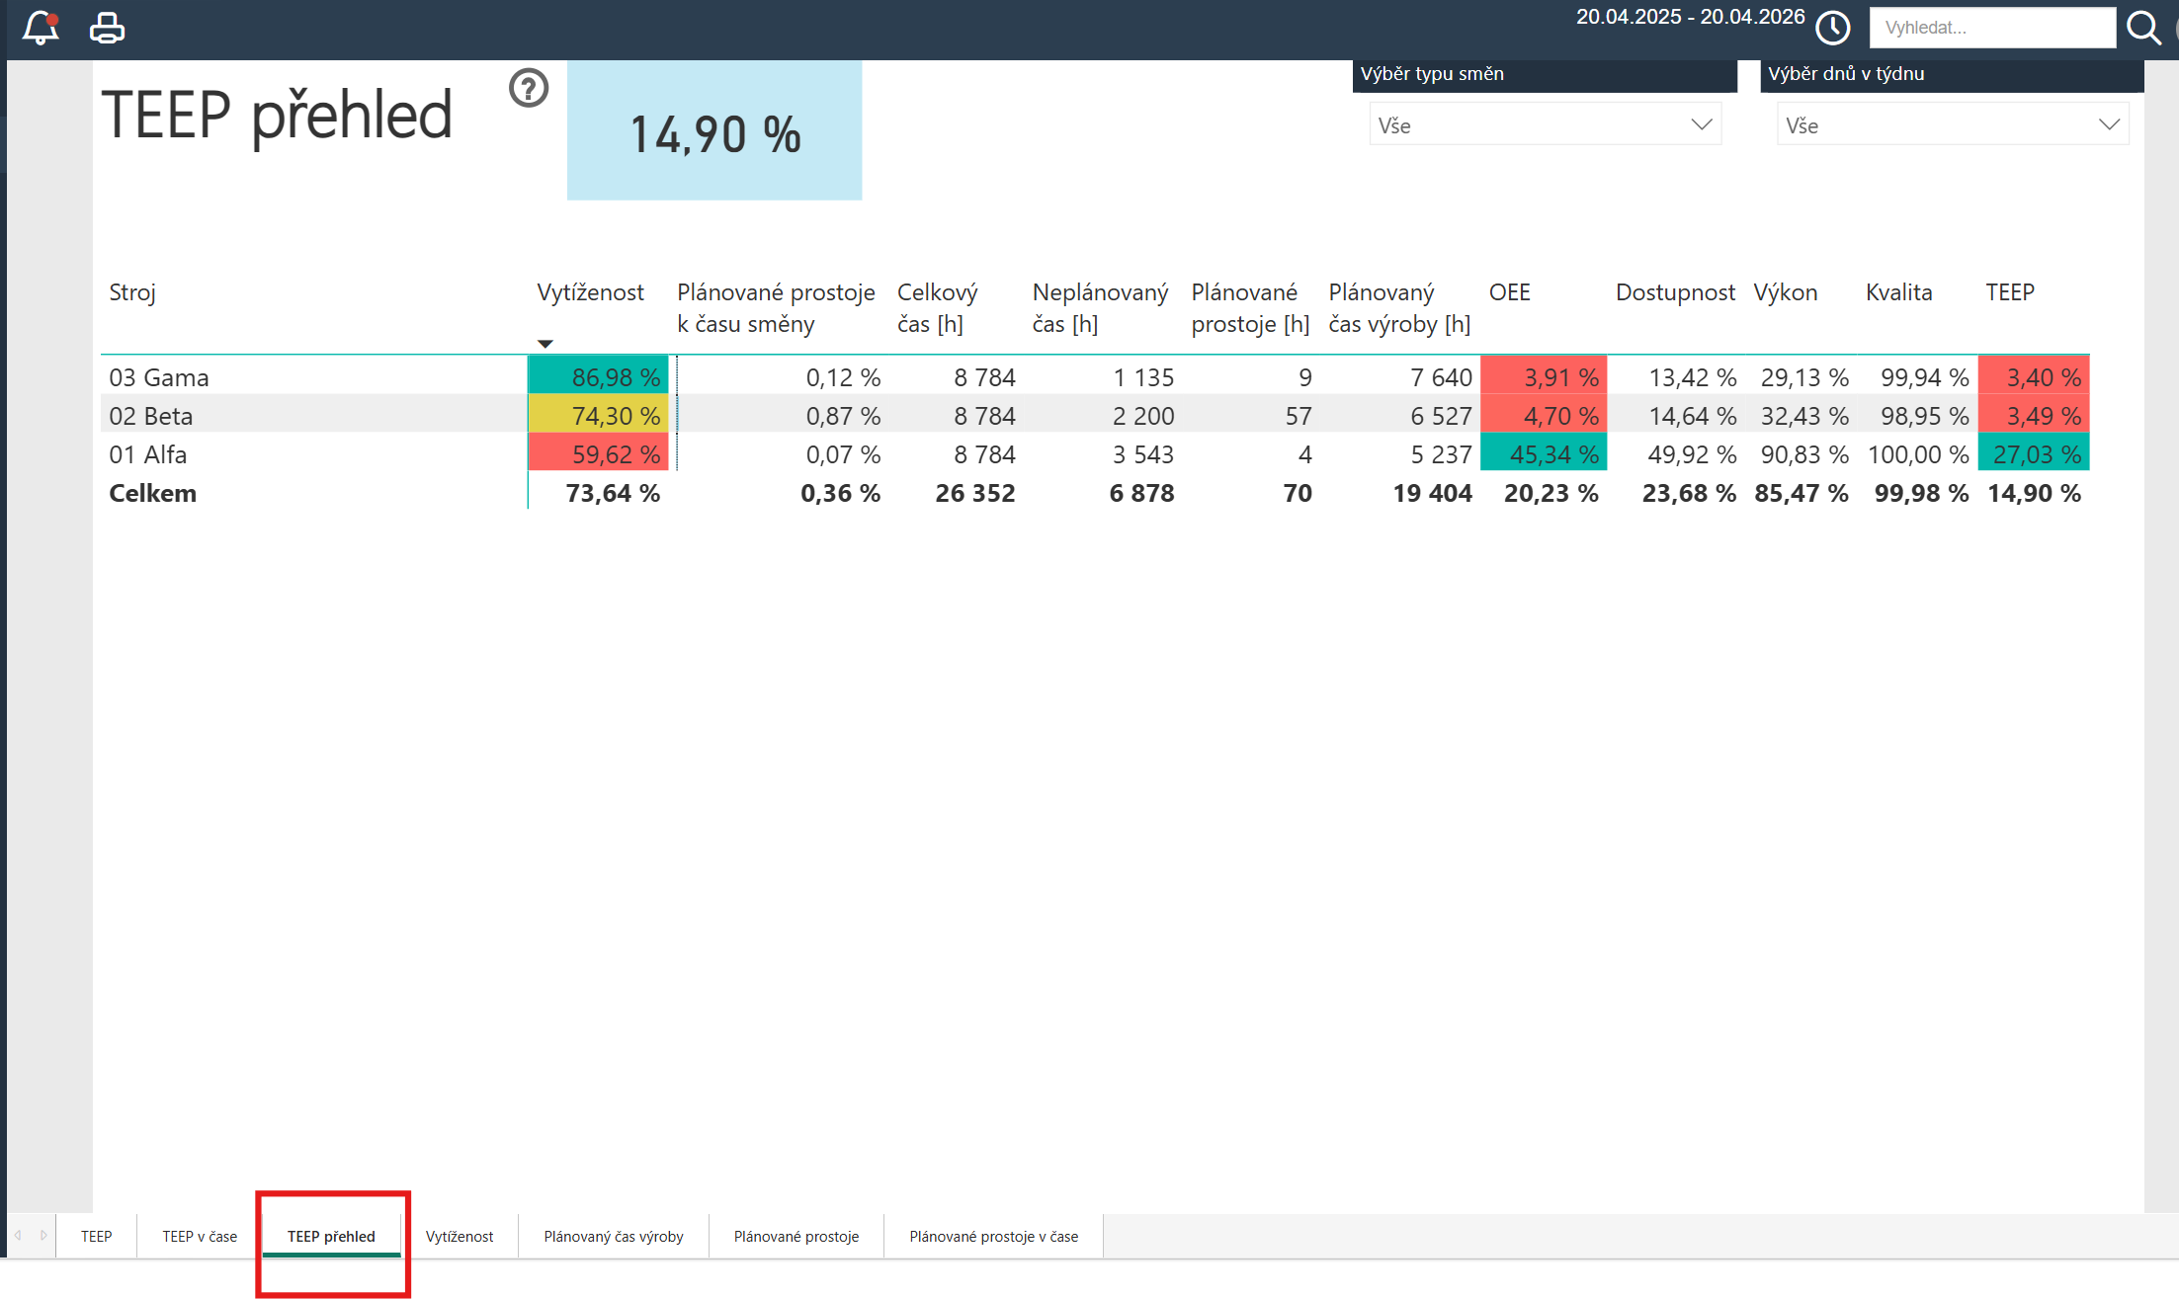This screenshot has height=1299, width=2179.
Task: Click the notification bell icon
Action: pyautogui.click(x=41, y=28)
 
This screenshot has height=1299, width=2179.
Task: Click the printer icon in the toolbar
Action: pyautogui.click(x=107, y=28)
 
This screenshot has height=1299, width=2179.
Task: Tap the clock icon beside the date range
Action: pyautogui.click(x=1833, y=28)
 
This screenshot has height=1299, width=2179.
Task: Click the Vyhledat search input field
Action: pyautogui.click(x=1991, y=28)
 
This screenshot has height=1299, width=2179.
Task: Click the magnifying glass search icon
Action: pyautogui.click(x=2143, y=28)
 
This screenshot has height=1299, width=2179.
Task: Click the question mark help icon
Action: pyautogui.click(x=529, y=88)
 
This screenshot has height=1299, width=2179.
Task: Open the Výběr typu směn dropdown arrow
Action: pyautogui.click(x=1701, y=124)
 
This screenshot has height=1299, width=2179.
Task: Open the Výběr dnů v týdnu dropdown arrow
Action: pyautogui.click(x=2109, y=124)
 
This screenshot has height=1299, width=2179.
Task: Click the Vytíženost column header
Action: pyautogui.click(x=590, y=292)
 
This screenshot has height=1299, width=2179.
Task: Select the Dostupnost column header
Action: pyautogui.click(x=1675, y=292)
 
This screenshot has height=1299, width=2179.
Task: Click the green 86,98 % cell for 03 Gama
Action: pyautogui.click(x=599, y=376)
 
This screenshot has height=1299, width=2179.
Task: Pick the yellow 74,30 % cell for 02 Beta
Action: pyautogui.click(x=599, y=415)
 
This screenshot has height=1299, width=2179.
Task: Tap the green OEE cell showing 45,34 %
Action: pyautogui.click(x=1544, y=453)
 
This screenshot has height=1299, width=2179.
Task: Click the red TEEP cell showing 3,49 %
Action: pyautogui.click(x=2034, y=415)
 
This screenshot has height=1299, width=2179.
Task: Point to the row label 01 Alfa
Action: pyautogui.click(x=148, y=454)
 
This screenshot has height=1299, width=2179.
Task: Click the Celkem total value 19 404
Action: pyautogui.click(x=1432, y=493)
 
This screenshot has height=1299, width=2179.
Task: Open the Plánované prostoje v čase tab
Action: pyautogui.click(x=993, y=1236)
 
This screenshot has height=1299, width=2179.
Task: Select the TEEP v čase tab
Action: pyautogui.click(x=200, y=1236)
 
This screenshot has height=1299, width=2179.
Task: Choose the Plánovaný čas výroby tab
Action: pyautogui.click(x=613, y=1236)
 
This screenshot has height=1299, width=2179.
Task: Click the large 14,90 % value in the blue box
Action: pyautogui.click(x=715, y=134)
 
